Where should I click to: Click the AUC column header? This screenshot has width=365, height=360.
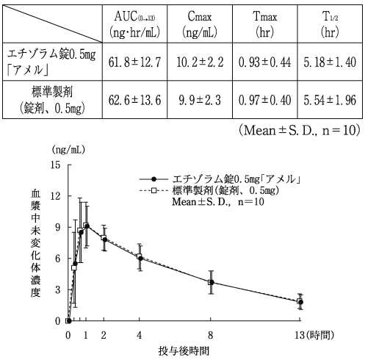134,24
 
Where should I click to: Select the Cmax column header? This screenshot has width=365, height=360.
200,24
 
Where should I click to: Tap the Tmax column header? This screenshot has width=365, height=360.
265,24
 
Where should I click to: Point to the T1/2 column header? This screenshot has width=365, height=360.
330,24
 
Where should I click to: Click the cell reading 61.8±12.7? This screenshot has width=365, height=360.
134,62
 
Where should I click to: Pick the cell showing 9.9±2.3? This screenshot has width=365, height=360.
200,100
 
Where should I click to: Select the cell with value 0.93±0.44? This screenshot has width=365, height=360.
265,62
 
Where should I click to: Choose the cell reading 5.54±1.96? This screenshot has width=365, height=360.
330,100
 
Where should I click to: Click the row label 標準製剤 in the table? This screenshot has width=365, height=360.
52,93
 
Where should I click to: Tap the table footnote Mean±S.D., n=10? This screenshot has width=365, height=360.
300,131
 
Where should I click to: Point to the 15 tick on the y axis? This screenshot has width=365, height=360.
55,165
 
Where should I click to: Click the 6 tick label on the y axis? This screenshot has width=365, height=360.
57,259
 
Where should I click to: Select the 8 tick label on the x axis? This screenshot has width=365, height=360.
211,335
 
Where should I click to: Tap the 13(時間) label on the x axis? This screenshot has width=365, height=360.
314,335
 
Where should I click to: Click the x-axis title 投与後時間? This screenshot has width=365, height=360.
184,351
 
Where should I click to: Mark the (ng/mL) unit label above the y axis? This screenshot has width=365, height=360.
68,150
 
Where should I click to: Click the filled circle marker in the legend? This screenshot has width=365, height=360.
153,179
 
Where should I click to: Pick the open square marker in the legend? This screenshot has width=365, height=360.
153,190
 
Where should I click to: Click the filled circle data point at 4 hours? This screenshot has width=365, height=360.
140,259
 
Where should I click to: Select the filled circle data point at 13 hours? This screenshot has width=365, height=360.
301,302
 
